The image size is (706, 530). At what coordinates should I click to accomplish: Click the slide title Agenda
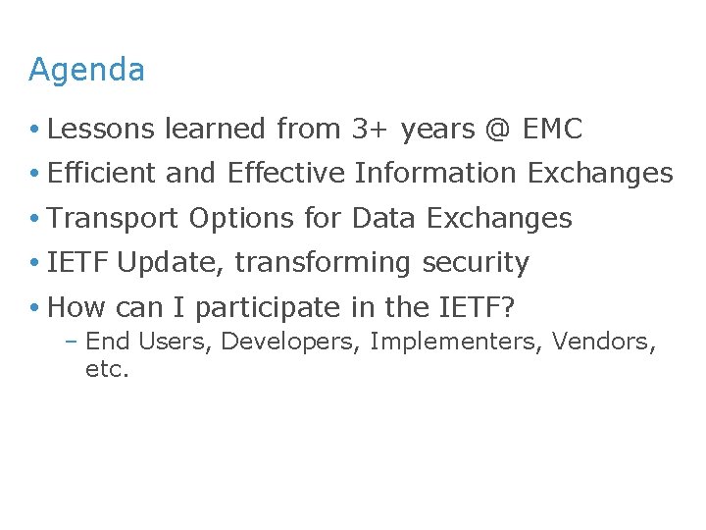pos(86,71)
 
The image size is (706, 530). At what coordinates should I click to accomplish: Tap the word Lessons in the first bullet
pos(102,129)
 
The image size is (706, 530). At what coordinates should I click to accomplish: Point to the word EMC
pos(552,129)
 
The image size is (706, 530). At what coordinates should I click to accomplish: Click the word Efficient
pos(102,174)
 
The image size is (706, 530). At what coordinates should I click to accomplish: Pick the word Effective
pos(286,174)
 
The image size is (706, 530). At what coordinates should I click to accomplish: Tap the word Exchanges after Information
pos(600,174)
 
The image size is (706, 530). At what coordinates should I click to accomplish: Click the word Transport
pos(114,218)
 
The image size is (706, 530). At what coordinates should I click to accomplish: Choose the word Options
pos(234,218)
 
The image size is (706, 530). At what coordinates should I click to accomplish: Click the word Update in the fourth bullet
pos(172,263)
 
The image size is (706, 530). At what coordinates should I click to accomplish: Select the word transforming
pos(325,263)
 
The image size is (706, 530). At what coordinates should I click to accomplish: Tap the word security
pos(476,263)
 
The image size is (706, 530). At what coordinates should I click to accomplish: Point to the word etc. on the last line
pos(108,371)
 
